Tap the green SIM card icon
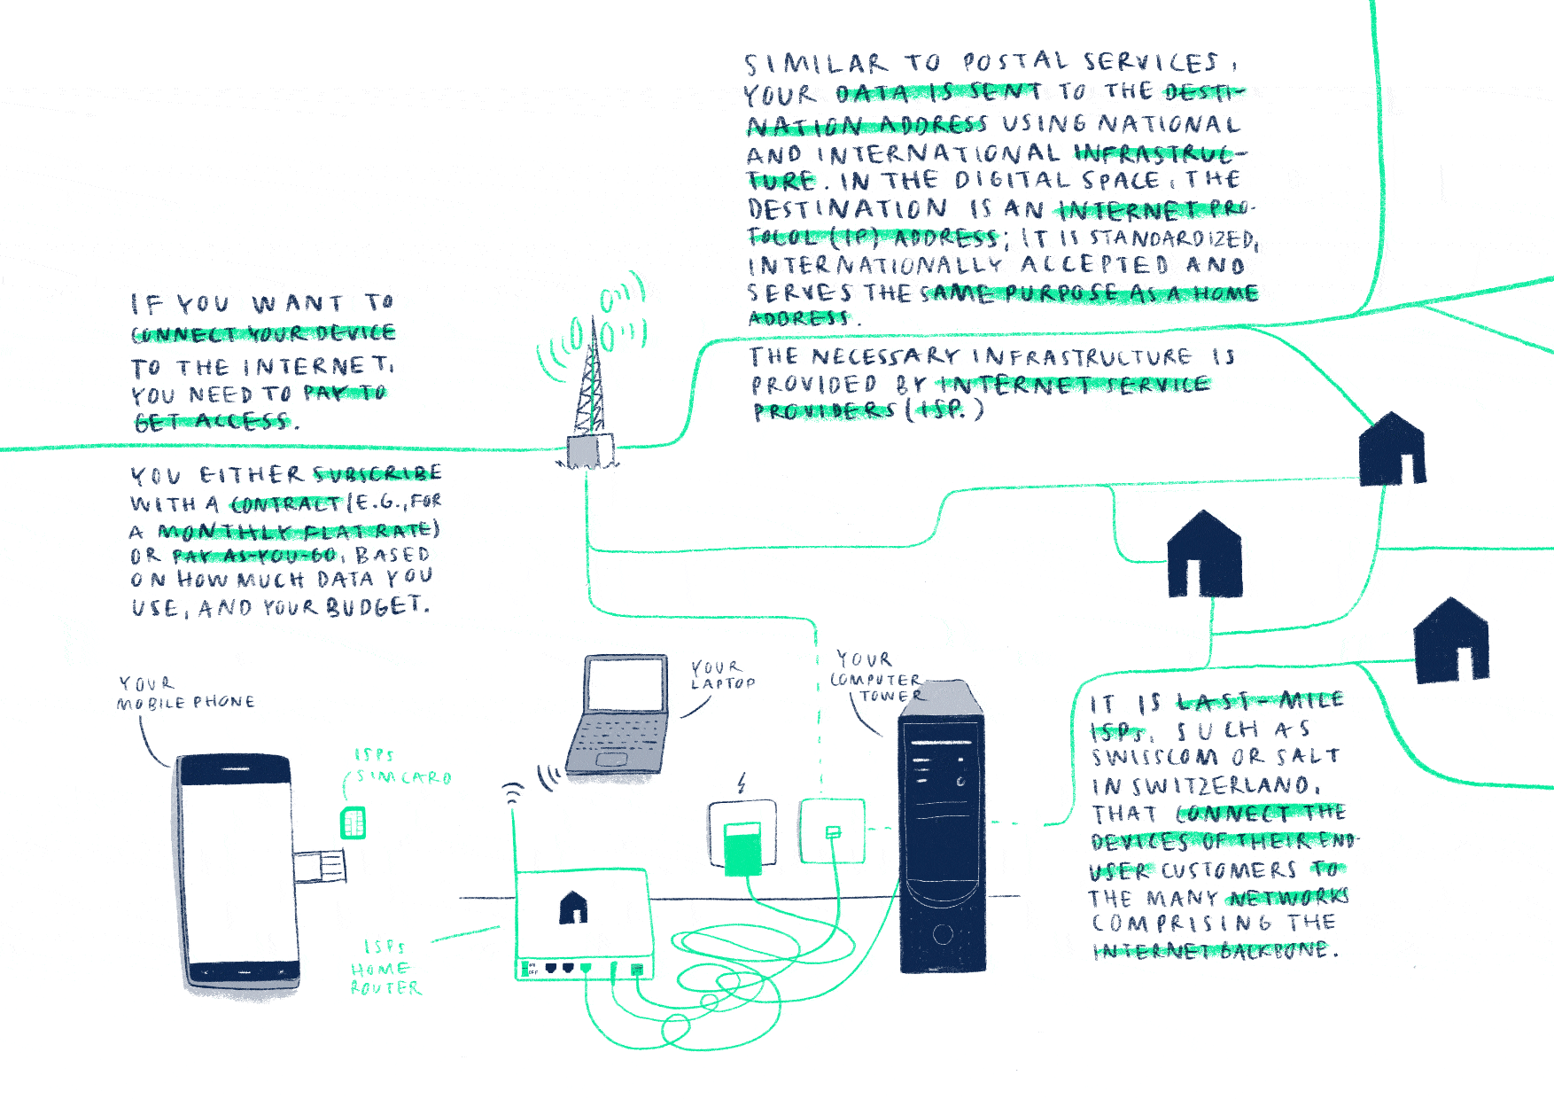pyautogui.click(x=353, y=823)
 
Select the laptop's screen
pyautogui.click(x=626, y=685)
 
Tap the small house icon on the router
pyautogui.click(x=573, y=907)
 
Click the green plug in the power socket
pyautogui.click(x=742, y=847)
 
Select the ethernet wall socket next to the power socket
pyautogui.click(x=832, y=830)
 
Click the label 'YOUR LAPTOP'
pyautogui.click(x=722, y=674)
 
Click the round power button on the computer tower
pyautogui.click(x=943, y=933)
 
